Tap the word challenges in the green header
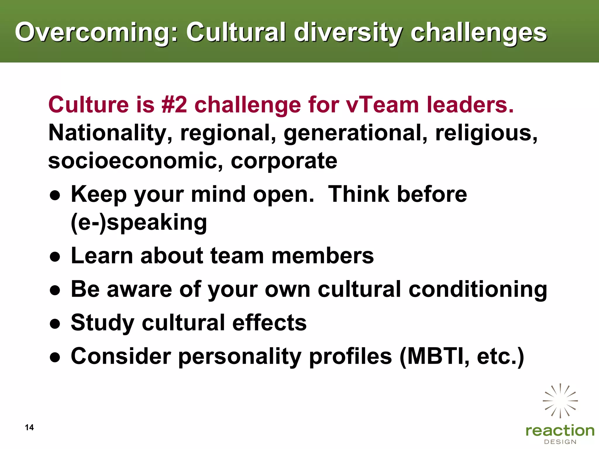pos(478,33)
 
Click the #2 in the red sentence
pos(174,105)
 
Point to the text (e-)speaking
pos(139,223)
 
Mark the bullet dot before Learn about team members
pos(55,257)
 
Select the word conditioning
pos(478,290)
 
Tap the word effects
pos(269,323)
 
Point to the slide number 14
pos(29,427)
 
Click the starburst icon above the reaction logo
pos(560,400)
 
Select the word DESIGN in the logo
pos(560,442)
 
